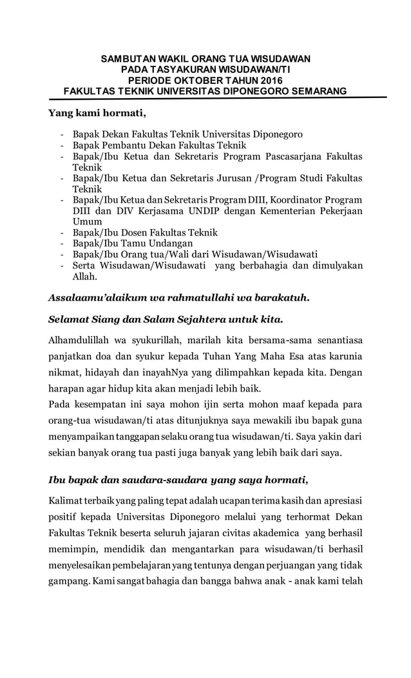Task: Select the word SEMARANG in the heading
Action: point(316,91)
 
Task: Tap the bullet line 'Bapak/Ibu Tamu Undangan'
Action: point(133,243)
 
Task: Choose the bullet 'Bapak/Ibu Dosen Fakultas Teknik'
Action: point(145,232)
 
